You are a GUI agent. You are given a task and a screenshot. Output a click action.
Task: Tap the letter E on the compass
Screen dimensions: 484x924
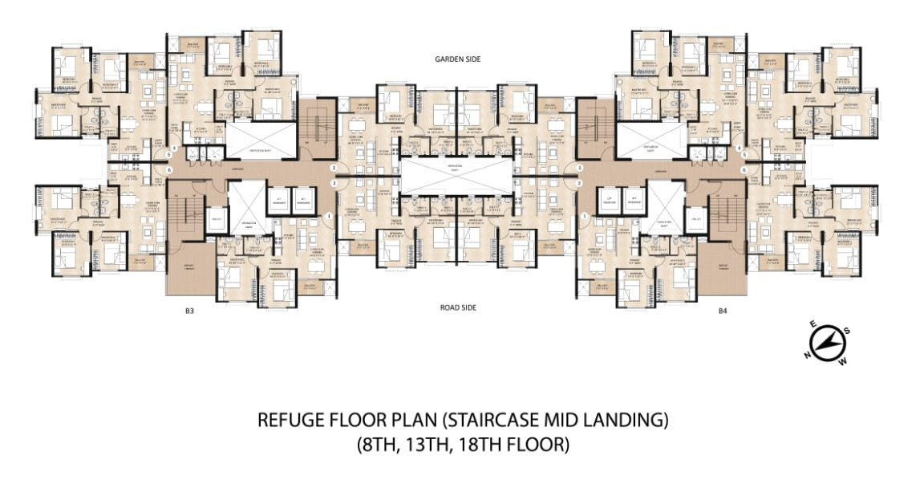813,324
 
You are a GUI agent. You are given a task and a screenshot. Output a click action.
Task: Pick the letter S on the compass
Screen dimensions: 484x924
848,331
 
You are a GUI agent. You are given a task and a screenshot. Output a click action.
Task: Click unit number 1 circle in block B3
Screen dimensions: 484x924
329,217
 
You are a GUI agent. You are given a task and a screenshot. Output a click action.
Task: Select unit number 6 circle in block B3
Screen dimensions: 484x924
169,170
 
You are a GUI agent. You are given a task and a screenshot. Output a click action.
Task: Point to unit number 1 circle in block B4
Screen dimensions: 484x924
585,217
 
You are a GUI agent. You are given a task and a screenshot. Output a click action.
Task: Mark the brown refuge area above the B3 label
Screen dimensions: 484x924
190,273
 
